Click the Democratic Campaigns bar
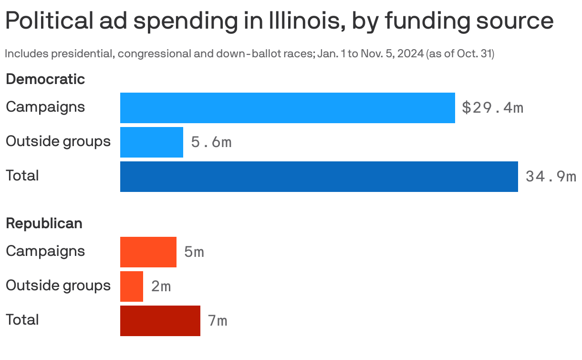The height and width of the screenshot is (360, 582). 287,108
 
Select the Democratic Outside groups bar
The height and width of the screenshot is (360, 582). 152,142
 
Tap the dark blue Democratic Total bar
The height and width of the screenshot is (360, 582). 319,177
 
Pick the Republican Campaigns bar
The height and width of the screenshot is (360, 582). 148,252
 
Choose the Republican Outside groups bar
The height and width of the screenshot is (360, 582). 132,286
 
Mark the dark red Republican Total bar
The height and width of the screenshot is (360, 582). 160,321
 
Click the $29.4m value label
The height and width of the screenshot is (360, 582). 492,108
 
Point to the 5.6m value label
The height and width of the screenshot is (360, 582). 211,142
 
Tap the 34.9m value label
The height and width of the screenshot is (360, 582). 551,177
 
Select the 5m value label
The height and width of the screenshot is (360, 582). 194,252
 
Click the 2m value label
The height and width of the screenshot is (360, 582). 161,286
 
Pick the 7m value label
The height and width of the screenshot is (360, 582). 218,321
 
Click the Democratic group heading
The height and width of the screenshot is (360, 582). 45,79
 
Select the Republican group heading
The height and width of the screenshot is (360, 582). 44,223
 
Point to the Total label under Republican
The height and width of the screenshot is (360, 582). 22,319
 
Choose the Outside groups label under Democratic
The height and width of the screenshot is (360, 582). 58,141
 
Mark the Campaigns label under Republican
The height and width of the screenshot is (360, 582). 45,251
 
